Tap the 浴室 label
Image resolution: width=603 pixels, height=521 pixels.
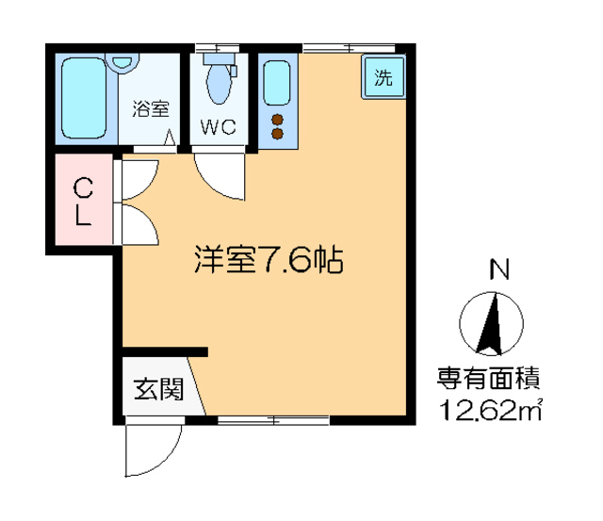coord(150,107)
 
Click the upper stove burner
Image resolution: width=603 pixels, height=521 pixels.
coord(278,119)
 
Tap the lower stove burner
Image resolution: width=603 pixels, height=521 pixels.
coord(278,134)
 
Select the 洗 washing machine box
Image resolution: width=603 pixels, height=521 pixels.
coord(383,78)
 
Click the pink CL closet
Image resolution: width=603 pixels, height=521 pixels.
coord(83,201)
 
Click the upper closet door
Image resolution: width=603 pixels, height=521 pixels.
coord(138,179)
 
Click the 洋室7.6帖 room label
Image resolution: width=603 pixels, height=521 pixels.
coord(268,260)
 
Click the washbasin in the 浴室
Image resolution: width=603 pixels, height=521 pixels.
coord(122,63)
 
